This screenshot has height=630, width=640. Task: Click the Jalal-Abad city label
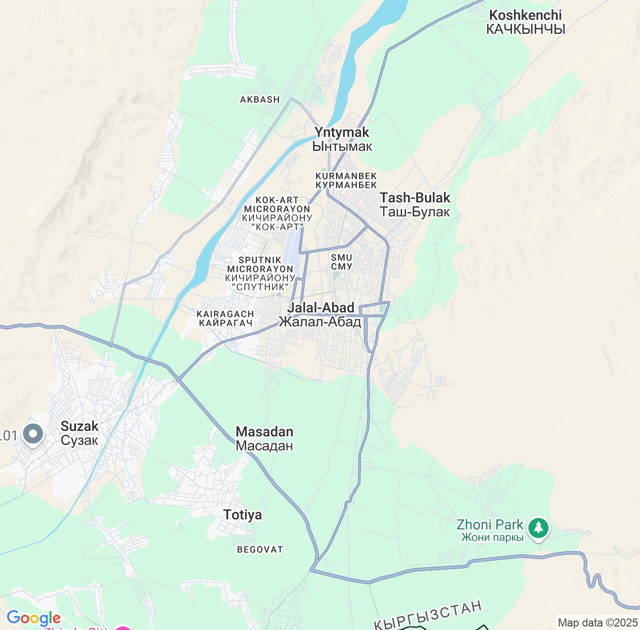tap(320, 314)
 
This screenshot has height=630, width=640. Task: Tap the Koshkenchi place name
tap(525, 22)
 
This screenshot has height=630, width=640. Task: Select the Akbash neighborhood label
tap(260, 99)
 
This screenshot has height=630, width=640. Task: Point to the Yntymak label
tap(342, 139)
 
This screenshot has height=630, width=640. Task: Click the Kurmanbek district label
tap(346, 180)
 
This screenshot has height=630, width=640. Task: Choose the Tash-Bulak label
tap(414, 204)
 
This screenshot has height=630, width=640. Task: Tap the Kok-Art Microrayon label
tap(277, 213)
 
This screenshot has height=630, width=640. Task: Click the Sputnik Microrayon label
tap(260, 273)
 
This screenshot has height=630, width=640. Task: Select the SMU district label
tap(341, 262)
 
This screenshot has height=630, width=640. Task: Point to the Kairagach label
tap(225, 318)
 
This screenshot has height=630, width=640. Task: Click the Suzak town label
tap(79, 433)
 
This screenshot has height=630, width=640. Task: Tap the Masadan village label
tap(264, 438)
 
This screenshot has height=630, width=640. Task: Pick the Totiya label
tap(242, 514)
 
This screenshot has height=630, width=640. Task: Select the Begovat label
tap(260, 549)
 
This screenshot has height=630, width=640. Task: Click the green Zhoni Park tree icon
tap(538, 527)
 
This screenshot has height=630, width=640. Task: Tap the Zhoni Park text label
tap(490, 530)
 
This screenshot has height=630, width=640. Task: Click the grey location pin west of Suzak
tap(33, 433)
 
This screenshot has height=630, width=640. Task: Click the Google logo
tap(33, 618)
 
